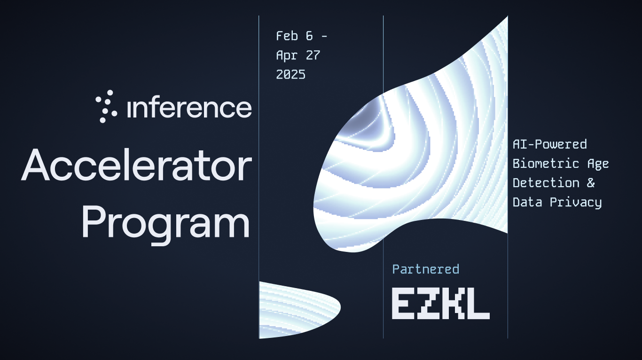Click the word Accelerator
pos(136,165)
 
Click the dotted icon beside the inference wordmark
pos(106,106)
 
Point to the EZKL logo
pos(441,304)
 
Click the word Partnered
pos(426,269)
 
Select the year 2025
pos(290,75)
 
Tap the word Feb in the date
pos(287,36)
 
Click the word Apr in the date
pos(287,55)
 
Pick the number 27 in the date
pos(313,55)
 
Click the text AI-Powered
pos(549,144)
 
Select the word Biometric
pos(546,164)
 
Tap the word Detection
pos(546,183)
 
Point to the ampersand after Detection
pos(590,183)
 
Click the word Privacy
pos(576,203)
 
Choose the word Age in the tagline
pos(598,164)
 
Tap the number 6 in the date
pos(309,36)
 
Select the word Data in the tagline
pos(527,203)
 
